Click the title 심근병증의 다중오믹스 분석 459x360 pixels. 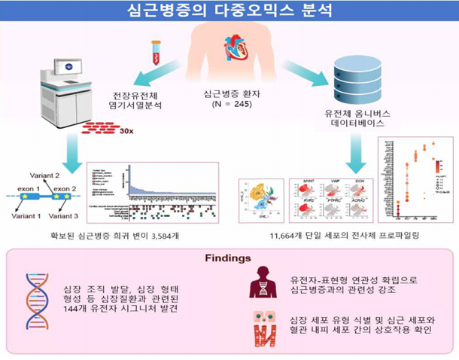click(x=229, y=11)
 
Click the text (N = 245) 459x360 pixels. click(x=225, y=106)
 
